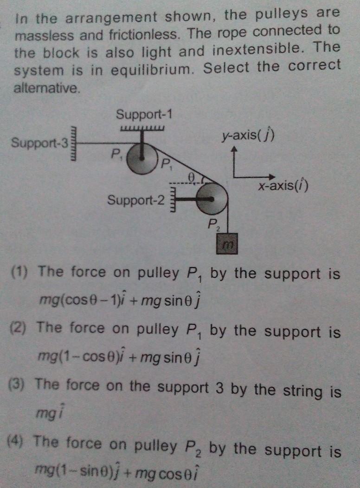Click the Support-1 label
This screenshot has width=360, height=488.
point(144,114)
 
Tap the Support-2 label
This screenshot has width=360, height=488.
point(136,200)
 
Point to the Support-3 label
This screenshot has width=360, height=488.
point(40,142)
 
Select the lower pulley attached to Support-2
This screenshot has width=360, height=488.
point(212,199)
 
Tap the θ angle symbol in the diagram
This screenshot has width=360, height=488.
point(191,176)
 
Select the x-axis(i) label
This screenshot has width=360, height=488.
point(283,187)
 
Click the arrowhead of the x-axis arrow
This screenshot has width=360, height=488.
point(272,177)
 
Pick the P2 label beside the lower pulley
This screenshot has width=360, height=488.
point(213,225)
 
